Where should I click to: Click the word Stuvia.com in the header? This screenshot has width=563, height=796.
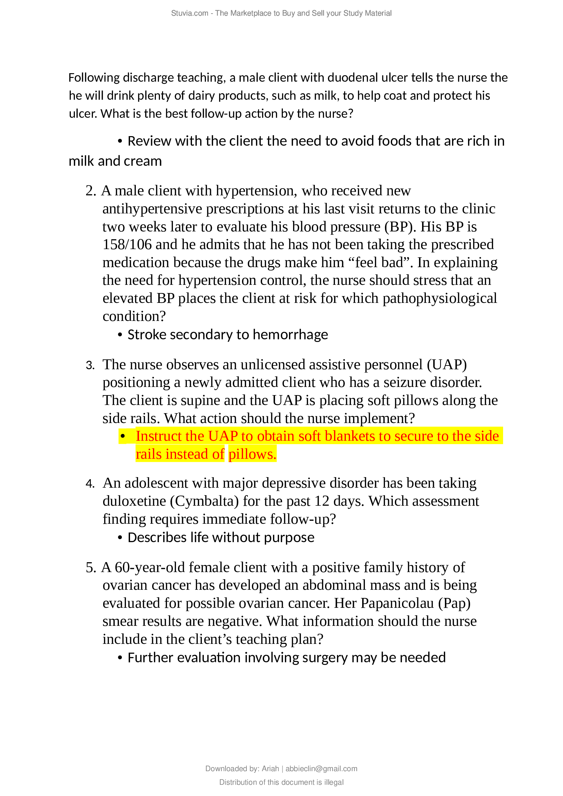(189, 13)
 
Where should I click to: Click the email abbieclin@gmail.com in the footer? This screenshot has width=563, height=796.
(321, 769)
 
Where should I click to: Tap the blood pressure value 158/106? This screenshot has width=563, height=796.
(127, 244)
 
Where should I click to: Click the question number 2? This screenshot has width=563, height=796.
(90, 191)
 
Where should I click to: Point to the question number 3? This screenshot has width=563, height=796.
(90, 365)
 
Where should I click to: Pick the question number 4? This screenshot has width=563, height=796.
(90, 484)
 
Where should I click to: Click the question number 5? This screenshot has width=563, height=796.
(90, 568)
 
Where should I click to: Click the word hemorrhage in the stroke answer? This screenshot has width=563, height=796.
(290, 335)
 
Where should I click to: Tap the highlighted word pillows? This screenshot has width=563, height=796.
(252, 454)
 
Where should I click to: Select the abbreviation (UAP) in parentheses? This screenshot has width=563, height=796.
(447, 364)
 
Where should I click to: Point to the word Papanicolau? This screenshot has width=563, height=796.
(397, 603)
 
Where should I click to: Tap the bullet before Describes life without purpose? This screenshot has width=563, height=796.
(120, 538)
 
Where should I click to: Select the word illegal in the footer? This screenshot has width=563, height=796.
(334, 782)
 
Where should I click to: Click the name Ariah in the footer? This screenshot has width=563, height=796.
(270, 769)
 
